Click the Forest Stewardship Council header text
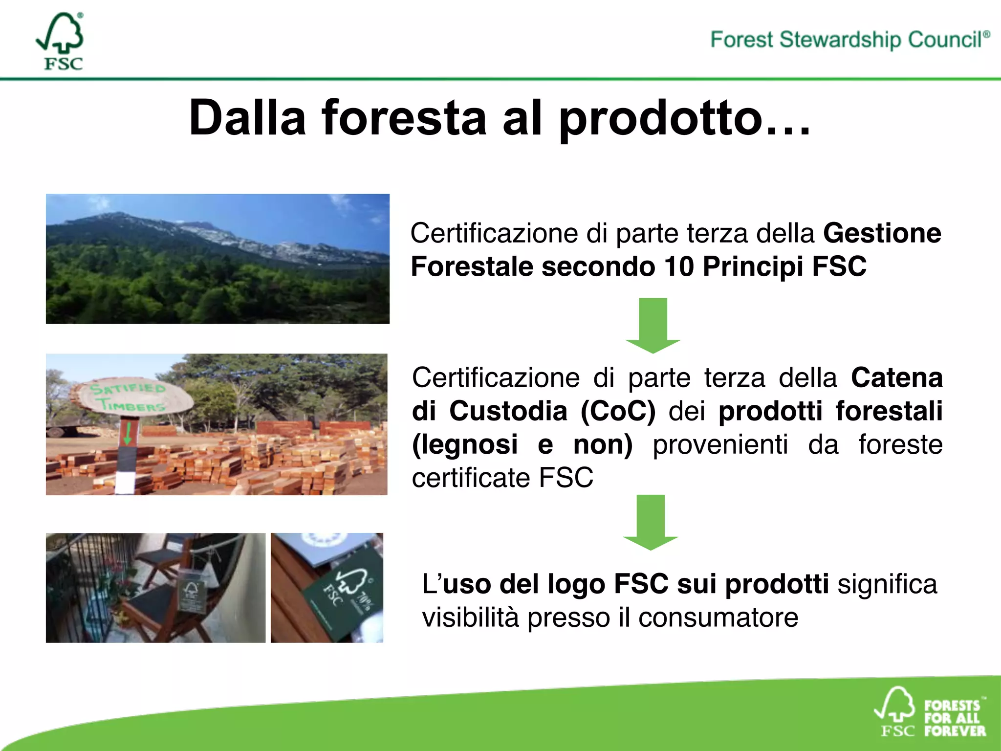849,40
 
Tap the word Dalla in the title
247,118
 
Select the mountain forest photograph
218,259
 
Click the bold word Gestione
882,233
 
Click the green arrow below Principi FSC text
653,325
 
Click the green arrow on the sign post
128,433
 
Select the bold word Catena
896,378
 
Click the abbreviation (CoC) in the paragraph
618,411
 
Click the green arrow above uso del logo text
651,522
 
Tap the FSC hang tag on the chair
191,596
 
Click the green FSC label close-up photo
327,588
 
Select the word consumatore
718,618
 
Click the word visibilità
470,618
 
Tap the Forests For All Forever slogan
954,718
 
